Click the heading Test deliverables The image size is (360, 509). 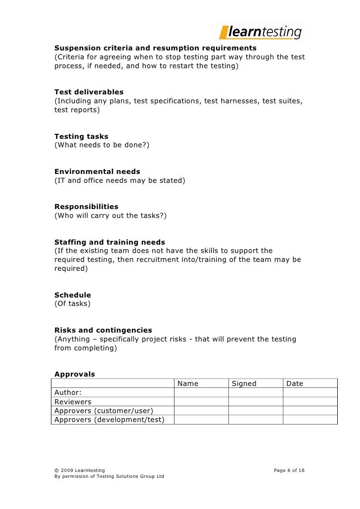[89, 92]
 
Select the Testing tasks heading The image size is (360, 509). [81, 136]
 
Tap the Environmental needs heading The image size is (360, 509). [97, 172]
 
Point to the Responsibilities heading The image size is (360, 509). [86, 207]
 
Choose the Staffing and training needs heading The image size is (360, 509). [109, 242]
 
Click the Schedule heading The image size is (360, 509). [73, 295]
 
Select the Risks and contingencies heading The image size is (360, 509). [103, 330]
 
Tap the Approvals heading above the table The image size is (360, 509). [74, 374]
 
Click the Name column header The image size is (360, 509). [188, 383]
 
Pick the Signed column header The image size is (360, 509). [244, 383]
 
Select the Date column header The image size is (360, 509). [295, 383]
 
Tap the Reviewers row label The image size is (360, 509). [73, 402]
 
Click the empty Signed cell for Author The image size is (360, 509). [255, 392]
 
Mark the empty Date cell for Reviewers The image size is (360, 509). [310, 402]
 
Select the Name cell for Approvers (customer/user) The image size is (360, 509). [201, 411]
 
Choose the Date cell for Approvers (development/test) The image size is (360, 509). [310, 420]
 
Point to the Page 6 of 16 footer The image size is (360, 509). [289, 470]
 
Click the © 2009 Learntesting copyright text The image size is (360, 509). [79, 470]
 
